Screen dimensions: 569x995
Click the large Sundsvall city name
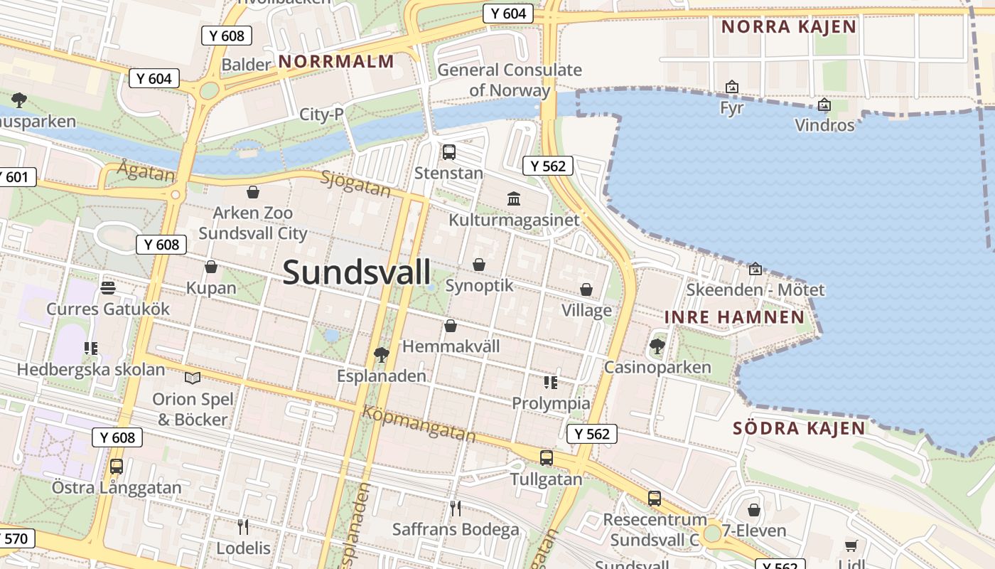pos(357,272)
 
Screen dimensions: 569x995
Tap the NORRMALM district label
pos(336,62)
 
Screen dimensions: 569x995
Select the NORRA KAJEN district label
pos(789,27)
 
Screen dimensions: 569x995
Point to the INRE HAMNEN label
pos(735,317)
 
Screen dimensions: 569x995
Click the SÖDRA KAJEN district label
pos(799,428)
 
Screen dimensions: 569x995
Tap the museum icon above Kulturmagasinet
pos(514,198)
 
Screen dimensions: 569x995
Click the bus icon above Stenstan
pos(448,151)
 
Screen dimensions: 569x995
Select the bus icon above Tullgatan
pos(546,458)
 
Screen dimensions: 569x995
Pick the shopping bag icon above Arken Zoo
pos(252,191)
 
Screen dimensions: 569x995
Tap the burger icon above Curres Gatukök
pos(108,287)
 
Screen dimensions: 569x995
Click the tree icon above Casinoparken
pos(657,346)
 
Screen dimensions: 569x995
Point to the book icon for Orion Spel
pos(192,378)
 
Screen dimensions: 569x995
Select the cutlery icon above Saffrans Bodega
pos(456,508)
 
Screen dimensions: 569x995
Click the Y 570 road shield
pos(14,539)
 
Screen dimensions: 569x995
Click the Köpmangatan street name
pos(418,423)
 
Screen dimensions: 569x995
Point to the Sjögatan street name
pos(355,184)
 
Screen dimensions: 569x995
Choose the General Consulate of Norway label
pos(509,80)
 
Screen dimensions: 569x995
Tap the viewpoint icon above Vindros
pos(824,105)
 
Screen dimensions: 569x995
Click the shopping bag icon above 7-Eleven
pos(753,509)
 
